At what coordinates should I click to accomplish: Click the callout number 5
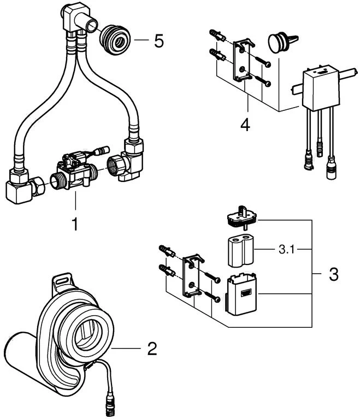click(159, 41)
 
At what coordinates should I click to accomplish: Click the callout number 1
click(75, 223)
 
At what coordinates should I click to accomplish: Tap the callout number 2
click(152, 349)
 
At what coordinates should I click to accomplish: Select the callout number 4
click(245, 125)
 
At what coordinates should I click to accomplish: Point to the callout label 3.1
click(286, 250)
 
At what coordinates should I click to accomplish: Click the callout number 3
click(334, 274)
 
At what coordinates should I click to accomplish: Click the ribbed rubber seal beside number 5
click(115, 40)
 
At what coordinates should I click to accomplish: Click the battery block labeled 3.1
click(241, 251)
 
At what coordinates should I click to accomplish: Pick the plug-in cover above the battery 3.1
click(242, 217)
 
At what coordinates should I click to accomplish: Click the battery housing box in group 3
click(241, 293)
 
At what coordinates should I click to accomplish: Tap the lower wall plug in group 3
click(167, 270)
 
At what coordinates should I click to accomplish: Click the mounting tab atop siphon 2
click(62, 282)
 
